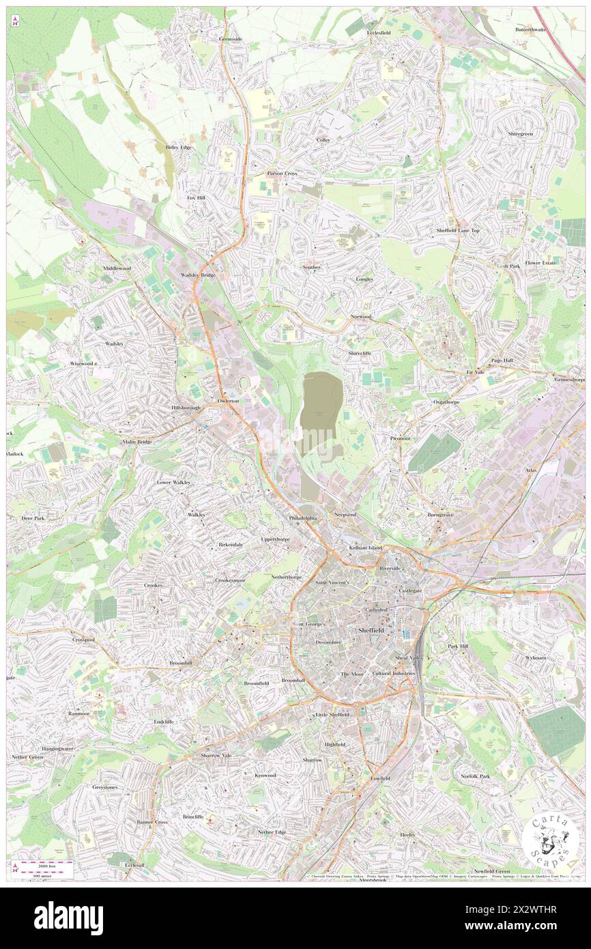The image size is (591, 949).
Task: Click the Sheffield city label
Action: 371,630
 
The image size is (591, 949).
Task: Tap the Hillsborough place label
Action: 185,408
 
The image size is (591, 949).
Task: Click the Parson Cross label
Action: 282,173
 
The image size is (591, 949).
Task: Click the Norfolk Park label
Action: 475,776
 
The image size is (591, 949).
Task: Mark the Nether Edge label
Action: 272,832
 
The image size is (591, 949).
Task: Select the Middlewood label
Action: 117,268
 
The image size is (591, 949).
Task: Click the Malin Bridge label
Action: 137,442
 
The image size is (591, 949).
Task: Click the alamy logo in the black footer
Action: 68,918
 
